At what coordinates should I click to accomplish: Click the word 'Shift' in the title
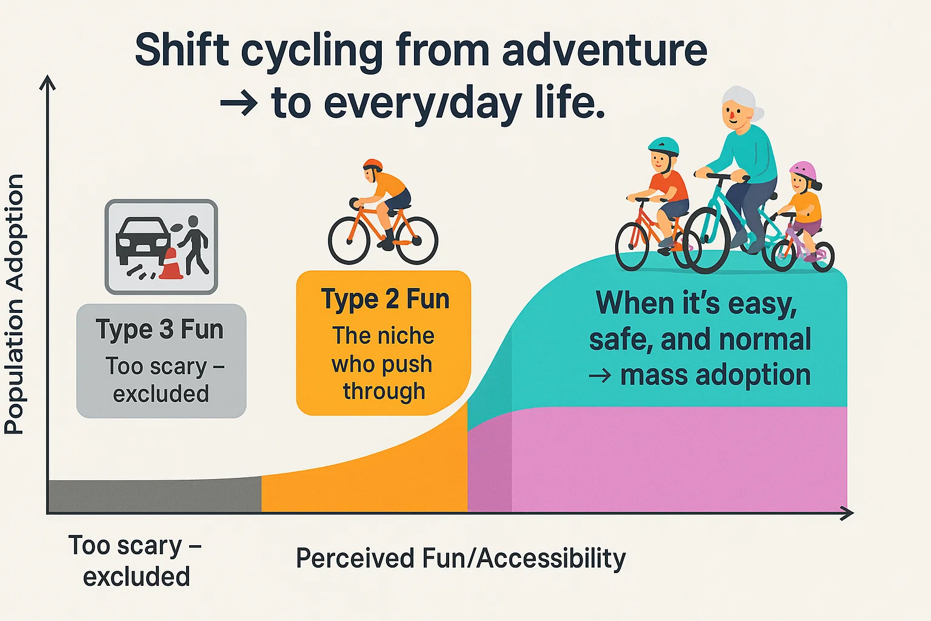[x=182, y=50]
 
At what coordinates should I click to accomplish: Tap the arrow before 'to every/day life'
[x=239, y=102]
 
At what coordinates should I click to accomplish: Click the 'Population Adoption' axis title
[x=14, y=304]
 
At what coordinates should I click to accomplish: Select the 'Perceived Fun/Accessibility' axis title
[x=461, y=558]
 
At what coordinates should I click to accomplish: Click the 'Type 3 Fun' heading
[x=159, y=329]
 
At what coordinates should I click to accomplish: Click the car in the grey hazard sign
[x=143, y=241]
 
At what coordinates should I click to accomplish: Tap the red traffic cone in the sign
[x=172, y=264]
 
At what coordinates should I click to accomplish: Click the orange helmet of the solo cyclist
[x=373, y=164]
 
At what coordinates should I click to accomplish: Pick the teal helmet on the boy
[x=663, y=146]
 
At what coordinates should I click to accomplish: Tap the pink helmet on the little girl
[x=803, y=170]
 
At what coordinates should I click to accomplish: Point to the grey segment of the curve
[x=155, y=495]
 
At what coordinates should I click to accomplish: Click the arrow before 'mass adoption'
[x=600, y=375]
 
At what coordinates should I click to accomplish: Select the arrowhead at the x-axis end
[x=846, y=513]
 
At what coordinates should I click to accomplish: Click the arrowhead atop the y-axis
[x=47, y=82]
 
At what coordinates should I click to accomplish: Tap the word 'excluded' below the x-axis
[x=136, y=577]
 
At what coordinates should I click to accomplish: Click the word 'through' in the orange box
[x=384, y=391]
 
